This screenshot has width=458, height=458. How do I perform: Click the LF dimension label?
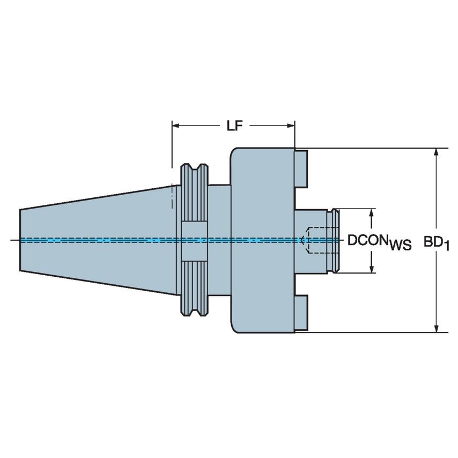click(233, 126)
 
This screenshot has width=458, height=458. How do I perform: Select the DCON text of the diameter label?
click(367, 240)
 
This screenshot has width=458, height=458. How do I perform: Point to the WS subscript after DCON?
click(400, 245)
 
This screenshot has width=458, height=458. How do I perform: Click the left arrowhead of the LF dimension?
click(175, 126)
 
